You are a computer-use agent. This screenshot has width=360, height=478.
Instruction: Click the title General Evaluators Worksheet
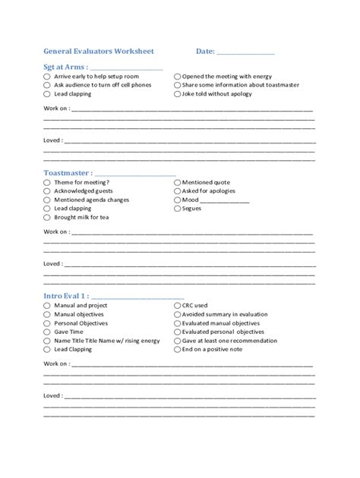[99, 52]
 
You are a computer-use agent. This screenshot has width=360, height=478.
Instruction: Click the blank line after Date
[245, 52]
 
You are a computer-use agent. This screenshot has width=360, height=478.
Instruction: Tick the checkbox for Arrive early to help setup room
[47, 77]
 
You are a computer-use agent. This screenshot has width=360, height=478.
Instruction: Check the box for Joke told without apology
[176, 94]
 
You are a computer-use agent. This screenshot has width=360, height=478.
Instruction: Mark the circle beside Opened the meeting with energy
[176, 77]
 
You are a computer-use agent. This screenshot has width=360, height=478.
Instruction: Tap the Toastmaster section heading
[68, 173]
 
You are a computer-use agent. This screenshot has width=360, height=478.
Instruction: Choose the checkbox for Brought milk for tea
[47, 217]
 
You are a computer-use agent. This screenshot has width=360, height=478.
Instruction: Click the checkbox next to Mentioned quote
[176, 183]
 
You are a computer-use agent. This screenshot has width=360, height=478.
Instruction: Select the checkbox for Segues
[176, 209]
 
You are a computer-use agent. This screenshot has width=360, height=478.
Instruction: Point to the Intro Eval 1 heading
[66, 295]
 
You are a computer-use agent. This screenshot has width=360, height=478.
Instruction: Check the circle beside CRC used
[176, 305]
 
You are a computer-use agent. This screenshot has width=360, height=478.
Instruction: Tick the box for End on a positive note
[176, 350]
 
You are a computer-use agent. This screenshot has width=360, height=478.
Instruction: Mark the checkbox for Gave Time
[47, 332]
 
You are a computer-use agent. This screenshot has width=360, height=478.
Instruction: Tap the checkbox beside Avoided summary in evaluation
[176, 314]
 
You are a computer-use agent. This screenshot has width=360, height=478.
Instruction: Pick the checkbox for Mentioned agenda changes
[47, 200]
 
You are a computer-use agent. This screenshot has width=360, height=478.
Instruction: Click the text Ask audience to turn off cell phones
[103, 86]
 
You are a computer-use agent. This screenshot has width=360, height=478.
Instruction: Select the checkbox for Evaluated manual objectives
[176, 323]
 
